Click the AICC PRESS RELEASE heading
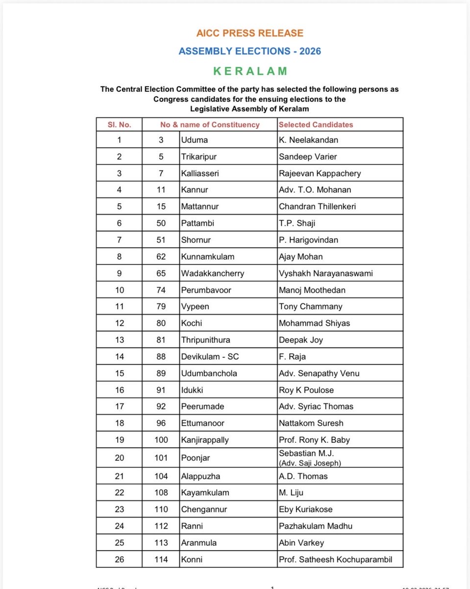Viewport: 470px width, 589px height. coord(250,33)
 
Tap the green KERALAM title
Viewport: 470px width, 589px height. coord(250,71)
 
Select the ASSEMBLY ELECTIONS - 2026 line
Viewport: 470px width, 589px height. coord(250,51)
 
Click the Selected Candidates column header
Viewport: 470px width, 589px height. coord(316,125)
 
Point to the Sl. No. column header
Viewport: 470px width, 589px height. coord(119,125)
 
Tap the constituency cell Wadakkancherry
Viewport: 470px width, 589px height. coord(212,273)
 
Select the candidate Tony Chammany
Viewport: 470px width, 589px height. coord(310,307)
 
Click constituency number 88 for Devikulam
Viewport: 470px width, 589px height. coord(161,357)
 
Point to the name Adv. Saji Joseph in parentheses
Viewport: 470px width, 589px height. coord(309,463)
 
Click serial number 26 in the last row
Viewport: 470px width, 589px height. coord(119,559)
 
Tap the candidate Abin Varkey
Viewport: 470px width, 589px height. coord(301,542)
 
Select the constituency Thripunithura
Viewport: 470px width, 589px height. coord(205,340)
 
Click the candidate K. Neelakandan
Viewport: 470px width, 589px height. coord(308,140)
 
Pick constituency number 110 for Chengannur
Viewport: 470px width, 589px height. coord(161,509)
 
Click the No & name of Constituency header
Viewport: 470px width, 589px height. coord(210,125)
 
